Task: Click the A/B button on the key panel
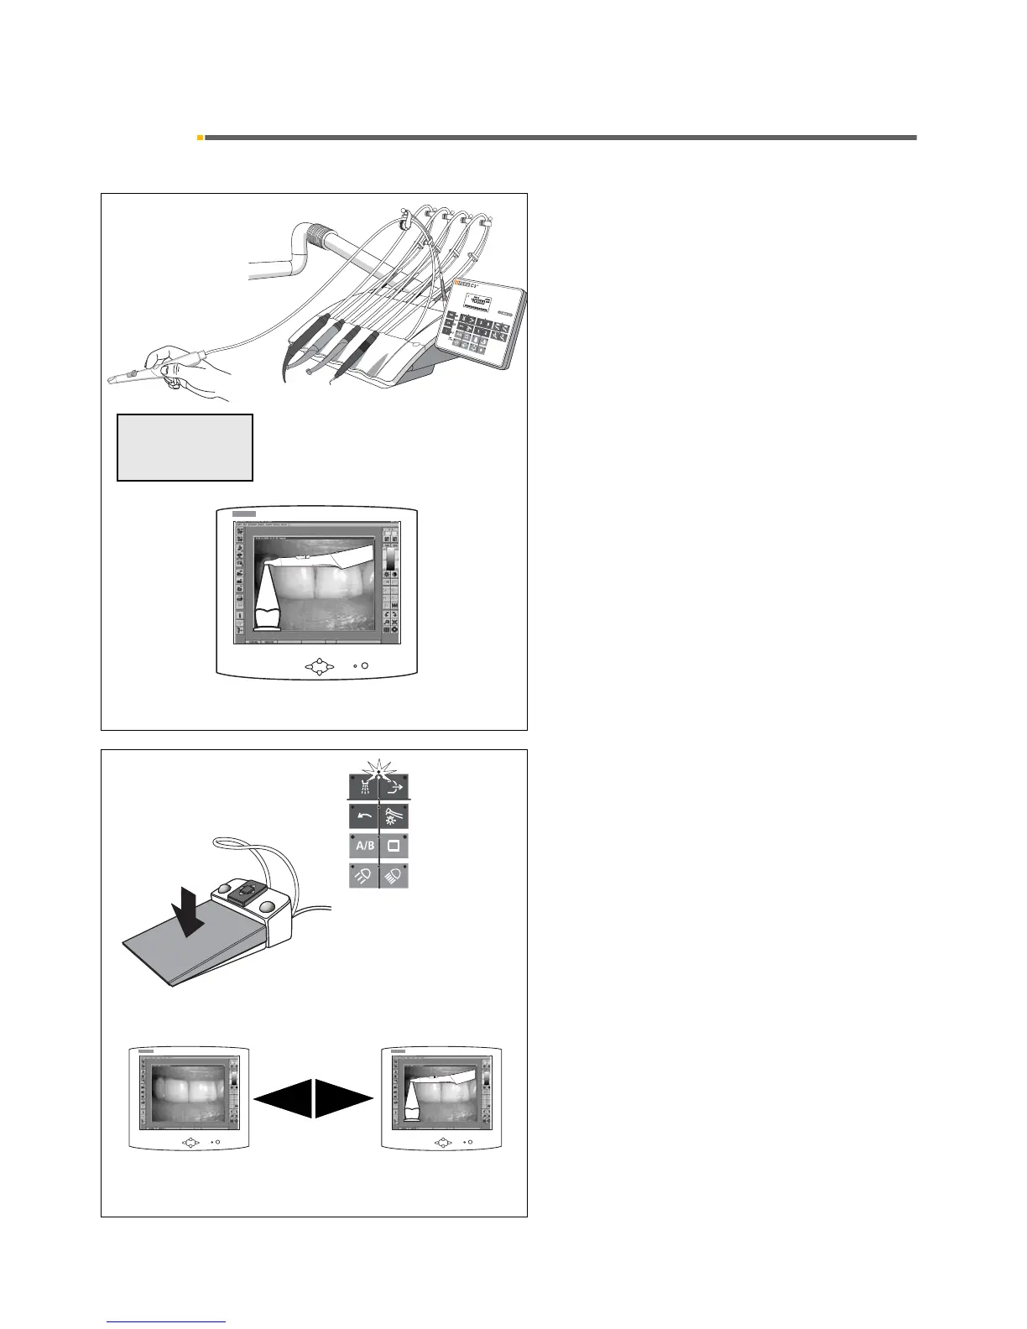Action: coord(364,846)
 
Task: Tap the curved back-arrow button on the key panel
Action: coord(364,816)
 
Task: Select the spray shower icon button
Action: coord(364,788)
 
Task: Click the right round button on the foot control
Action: coord(268,905)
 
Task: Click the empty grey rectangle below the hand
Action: coord(185,446)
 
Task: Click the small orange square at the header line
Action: coord(200,137)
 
